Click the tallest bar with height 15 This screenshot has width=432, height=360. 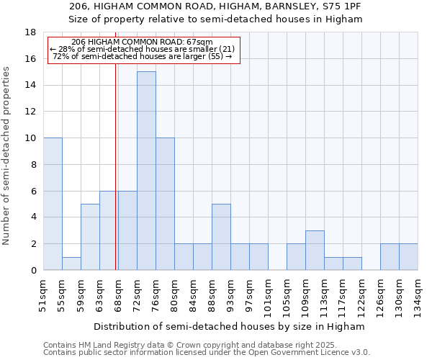point(146,171)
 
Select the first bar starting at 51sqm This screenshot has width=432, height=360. point(53,204)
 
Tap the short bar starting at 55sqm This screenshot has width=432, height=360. point(71,264)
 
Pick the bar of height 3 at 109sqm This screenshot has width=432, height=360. point(315,250)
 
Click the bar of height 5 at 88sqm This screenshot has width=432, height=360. point(221,237)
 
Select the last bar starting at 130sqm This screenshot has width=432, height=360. point(408,257)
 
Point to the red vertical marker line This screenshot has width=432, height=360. point(116,166)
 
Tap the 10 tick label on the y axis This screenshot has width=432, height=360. point(30,138)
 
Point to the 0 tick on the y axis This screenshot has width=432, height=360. point(33,270)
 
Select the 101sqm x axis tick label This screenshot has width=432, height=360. point(268,293)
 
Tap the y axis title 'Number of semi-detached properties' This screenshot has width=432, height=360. point(7,156)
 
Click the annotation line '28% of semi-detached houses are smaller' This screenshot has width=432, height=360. point(143,49)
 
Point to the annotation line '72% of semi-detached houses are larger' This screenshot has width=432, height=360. point(143,56)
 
